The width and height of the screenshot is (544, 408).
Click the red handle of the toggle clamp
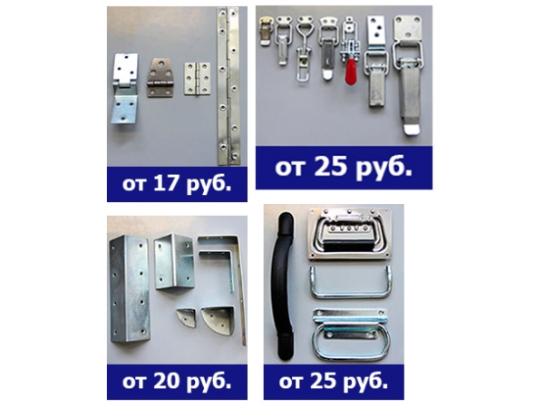point(352,71)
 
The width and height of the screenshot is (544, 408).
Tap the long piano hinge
point(228,86)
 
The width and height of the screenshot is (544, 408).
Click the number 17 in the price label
point(166,183)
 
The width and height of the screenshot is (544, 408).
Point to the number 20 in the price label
point(167,381)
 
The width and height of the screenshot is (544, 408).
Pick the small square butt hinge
point(197,79)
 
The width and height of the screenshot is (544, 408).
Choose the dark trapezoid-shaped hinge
point(160,78)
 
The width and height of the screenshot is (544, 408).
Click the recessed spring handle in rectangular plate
point(350,234)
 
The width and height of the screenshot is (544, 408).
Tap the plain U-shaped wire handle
point(351,282)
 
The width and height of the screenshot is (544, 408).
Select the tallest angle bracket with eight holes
point(130,288)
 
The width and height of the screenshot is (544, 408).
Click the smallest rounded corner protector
point(187,317)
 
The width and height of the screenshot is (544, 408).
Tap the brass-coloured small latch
point(266,31)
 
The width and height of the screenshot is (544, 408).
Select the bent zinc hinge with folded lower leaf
point(124,89)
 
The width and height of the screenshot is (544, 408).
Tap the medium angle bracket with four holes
point(174,261)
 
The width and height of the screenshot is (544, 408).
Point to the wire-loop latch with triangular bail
point(303,49)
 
